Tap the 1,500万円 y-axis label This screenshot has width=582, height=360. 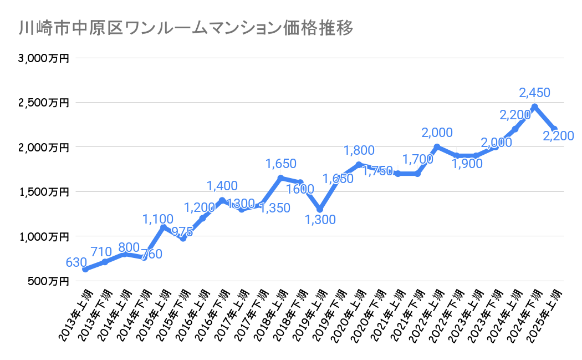pyautogui.click(x=45, y=192)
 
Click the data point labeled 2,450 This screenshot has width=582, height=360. pyautogui.click(x=534, y=107)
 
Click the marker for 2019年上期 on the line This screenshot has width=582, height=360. pyautogui.click(x=320, y=209)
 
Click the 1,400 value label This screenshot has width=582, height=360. pyautogui.click(x=222, y=186)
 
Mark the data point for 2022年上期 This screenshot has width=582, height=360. pyautogui.click(x=437, y=147)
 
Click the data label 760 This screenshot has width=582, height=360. pyautogui.click(x=150, y=255)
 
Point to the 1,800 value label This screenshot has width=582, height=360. pyautogui.click(x=359, y=150)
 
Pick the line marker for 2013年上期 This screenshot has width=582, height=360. pyautogui.click(x=85, y=270)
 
